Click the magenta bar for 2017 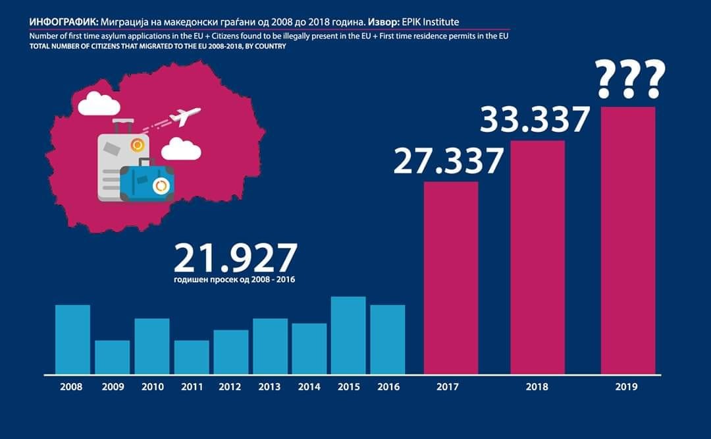coord(450,277)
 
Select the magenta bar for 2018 coord(537,257)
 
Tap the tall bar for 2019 coord(628,241)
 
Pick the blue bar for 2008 coord(72,339)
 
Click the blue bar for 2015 coord(348,335)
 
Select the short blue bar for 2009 coord(112,357)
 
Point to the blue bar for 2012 coord(230,352)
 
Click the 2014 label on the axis coord(309,387)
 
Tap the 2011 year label coord(191,387)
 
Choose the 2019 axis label coord(627,387)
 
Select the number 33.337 coord(534,120)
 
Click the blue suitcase coord(148,183)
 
